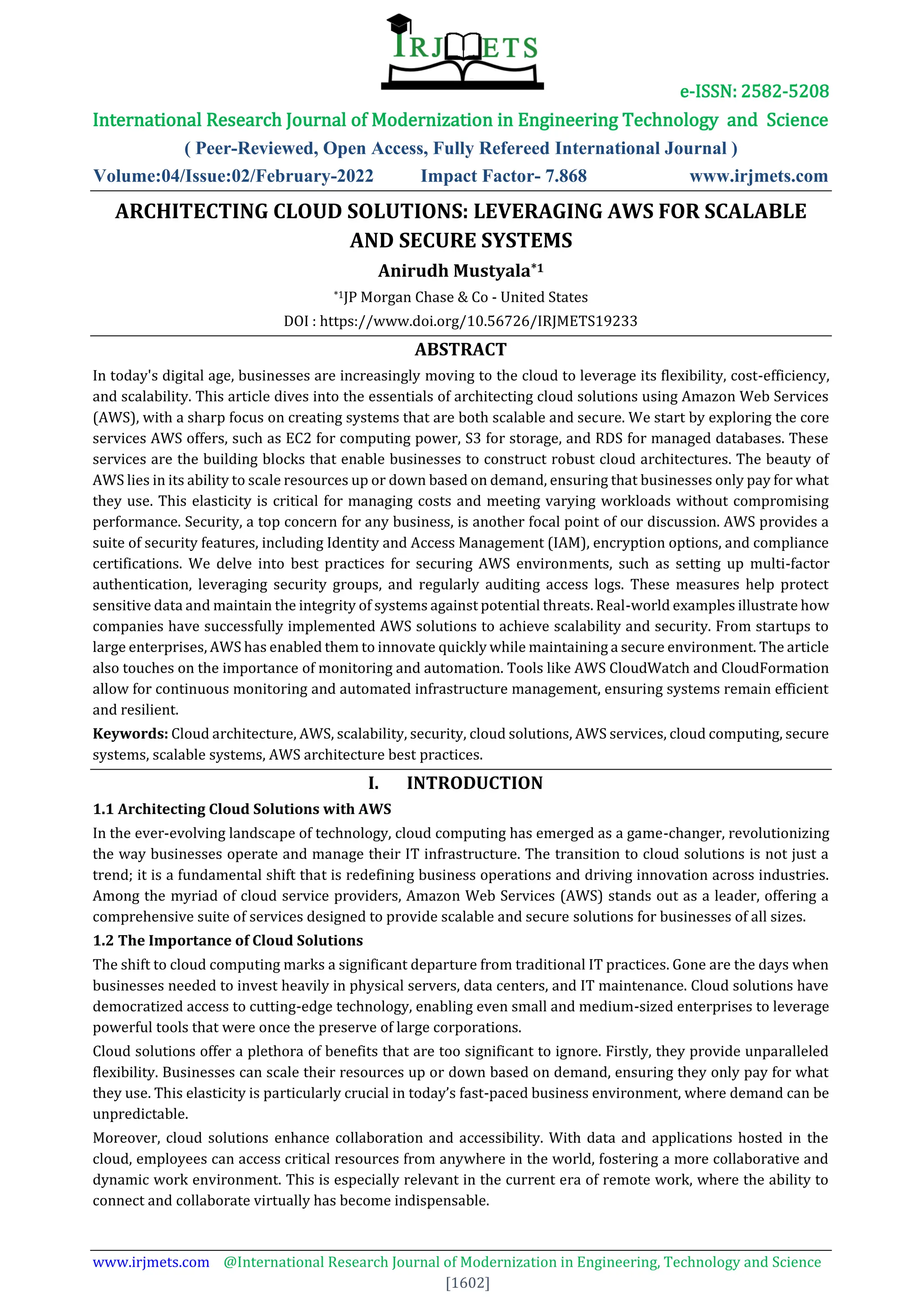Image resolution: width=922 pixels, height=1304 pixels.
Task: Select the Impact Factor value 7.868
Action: click(565, 176)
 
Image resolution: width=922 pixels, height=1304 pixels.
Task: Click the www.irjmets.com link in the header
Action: click(759, 176)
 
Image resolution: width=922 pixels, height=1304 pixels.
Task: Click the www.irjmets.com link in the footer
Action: click(151, 1262)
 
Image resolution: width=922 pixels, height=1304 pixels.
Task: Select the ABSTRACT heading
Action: click(461, 349)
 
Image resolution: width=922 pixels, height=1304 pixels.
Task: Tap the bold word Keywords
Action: click(130, 734)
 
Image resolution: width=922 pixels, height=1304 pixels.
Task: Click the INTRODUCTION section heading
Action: click(474, 783)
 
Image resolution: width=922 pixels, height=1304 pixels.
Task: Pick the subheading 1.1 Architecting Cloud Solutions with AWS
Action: click(242, 809)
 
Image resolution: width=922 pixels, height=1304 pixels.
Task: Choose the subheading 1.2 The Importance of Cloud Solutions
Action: click(228, 941)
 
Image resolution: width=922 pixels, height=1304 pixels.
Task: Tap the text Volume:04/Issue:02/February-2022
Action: click(233, 176)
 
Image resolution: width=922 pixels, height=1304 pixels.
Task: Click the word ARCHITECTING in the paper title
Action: click(191, 211)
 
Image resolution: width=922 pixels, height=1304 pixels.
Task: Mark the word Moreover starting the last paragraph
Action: click(128, 1138)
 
